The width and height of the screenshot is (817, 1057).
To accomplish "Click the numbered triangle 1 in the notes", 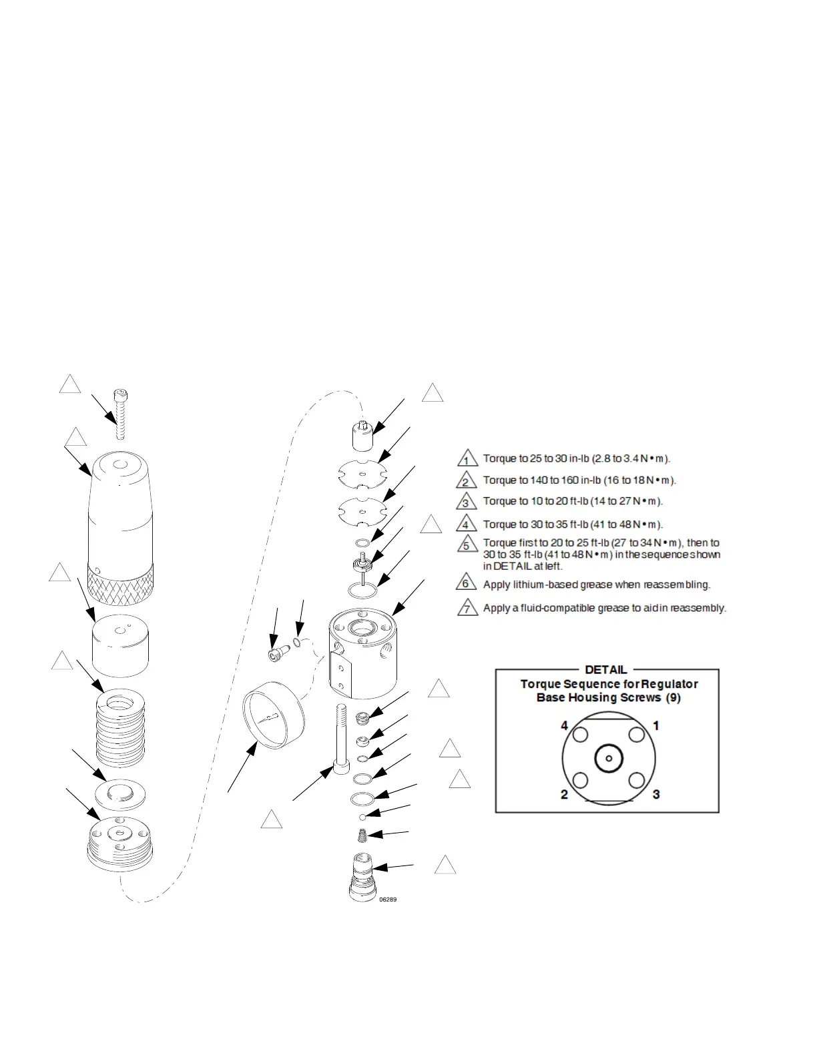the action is [467, 459].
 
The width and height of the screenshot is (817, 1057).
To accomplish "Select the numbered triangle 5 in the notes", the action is [467, 545].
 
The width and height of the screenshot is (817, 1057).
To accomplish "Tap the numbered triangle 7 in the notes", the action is [467, 609].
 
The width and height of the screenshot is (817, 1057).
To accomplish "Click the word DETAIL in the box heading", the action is [606, 669].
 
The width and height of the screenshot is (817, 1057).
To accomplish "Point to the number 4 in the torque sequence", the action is [565, 725].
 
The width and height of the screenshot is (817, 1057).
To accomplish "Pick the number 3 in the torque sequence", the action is [656, 794].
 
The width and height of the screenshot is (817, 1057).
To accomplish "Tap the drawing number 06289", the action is [388, 900].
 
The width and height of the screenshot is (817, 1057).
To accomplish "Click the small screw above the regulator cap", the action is [121, 414].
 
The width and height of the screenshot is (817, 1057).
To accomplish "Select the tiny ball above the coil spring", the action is [362, 817].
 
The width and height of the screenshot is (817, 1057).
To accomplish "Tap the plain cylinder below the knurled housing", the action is [119, 646].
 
